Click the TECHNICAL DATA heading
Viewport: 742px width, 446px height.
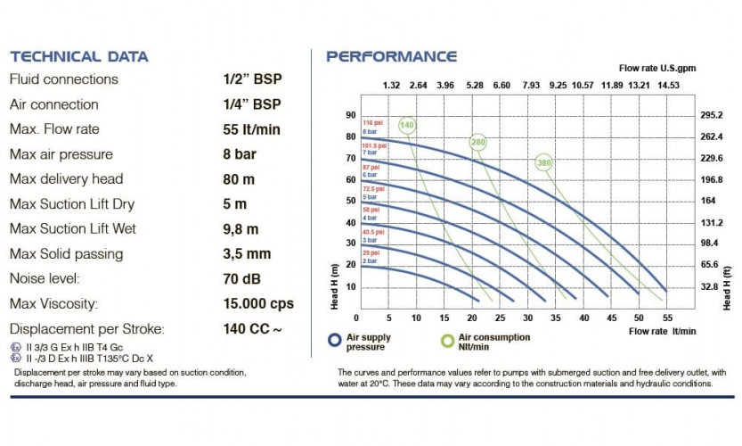click(78, 56)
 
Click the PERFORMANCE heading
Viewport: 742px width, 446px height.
click(391, 56)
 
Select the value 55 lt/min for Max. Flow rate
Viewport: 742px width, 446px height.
click(251, 129)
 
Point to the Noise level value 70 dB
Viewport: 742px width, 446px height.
click(241, 279)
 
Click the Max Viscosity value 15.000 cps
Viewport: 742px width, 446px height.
click(258, 304)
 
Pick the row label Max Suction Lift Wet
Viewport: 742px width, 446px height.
click(72, 229)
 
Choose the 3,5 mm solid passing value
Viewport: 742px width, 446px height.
click(247, 254)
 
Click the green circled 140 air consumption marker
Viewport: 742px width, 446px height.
click(408, 125)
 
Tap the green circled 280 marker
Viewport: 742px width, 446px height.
click(478, 143)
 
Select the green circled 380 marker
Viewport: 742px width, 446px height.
click(544, 162)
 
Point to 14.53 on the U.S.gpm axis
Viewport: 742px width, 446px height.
click(668, 86)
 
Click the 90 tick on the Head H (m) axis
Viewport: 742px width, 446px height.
click(350, 115)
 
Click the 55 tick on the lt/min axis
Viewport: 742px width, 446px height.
click(667, 318)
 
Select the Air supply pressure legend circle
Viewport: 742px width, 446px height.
click(335, 340)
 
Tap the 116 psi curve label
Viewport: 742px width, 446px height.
click(371, 122)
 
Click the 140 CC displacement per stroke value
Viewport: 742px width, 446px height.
click(252, 329)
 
